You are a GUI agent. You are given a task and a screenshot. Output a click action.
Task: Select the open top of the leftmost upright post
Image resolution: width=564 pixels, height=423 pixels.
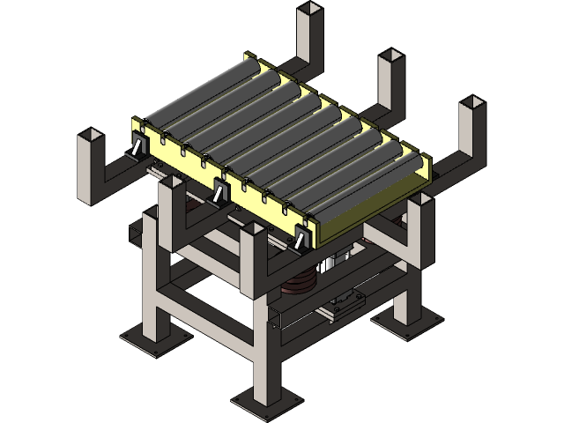(x=93, y=137)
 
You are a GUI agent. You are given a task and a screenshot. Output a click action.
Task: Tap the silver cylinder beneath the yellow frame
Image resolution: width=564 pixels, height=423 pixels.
(x=330, y=264)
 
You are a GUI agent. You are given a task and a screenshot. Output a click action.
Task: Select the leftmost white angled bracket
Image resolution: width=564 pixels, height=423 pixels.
(x=137, y=148)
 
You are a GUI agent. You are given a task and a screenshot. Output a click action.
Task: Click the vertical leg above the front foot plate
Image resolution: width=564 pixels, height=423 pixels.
(x=264, y=361)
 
